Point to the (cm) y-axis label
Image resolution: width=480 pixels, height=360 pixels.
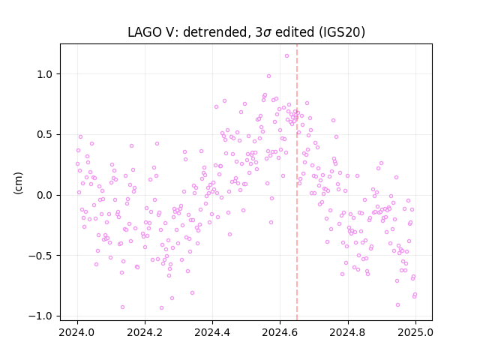click(18, 183)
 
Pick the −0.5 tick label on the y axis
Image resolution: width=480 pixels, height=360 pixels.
click(42, 255)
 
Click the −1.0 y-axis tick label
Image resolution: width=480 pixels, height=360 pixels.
click(42, 316)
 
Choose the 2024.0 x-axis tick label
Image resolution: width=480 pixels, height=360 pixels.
click(77, 332)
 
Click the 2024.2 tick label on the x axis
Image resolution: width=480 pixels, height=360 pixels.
click(145, 332)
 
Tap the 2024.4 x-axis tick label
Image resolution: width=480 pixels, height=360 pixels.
click(212, 332)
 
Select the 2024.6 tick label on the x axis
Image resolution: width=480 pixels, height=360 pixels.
click(280, 332)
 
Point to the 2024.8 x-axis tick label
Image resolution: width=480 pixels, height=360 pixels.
click(348, 332)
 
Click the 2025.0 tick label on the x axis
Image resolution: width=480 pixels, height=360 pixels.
click(415, 332)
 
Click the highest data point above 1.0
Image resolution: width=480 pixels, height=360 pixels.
click(286, 55)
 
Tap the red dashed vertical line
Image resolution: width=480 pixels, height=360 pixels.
click(297, 182)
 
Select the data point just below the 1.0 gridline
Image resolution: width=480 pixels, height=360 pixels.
click(268, 76)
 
